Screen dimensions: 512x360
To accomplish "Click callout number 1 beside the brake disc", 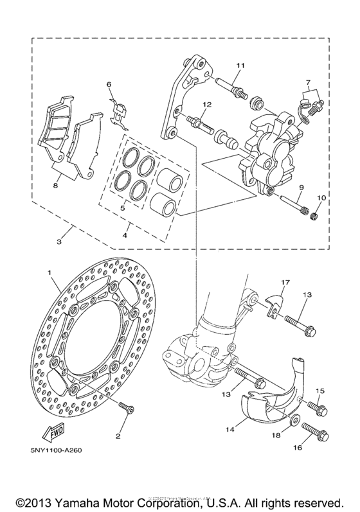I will click(48, 273).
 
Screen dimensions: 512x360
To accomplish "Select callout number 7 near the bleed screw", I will click(309, 83).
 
